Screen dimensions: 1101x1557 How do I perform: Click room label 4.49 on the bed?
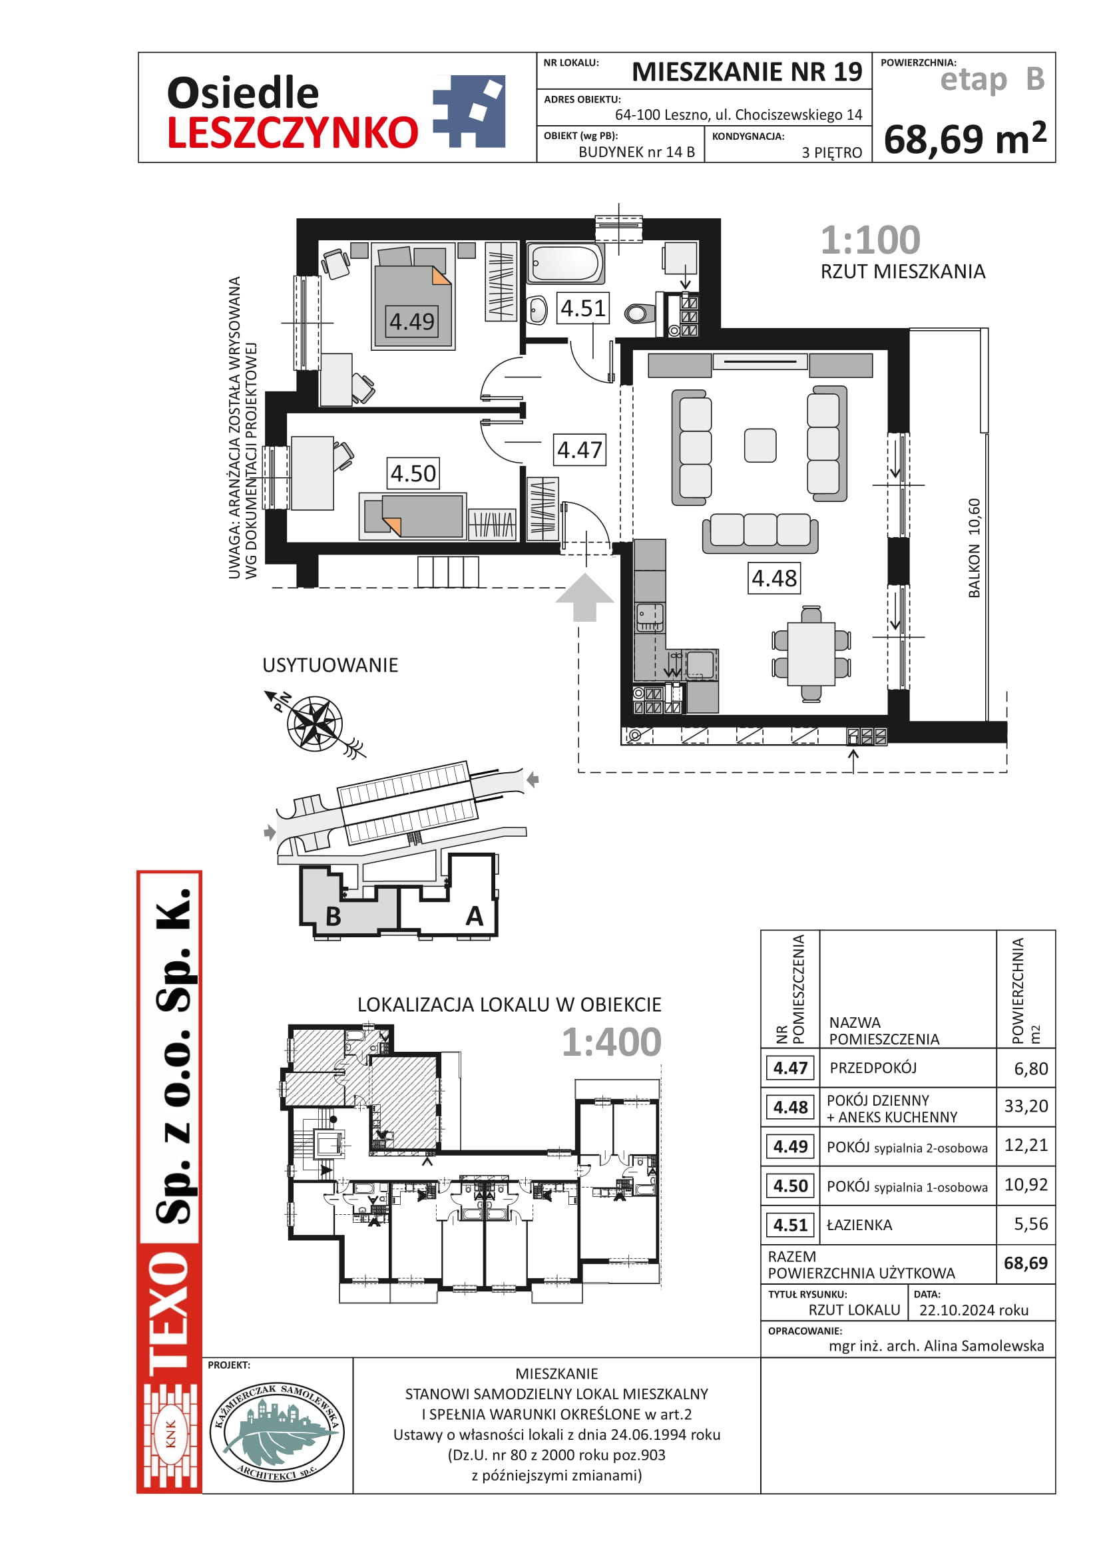tap(411, 322)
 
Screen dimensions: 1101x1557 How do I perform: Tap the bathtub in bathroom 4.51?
tap(564, 263)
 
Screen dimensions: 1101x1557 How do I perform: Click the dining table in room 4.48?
tap(811, 654)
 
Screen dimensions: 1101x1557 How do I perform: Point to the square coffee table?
tap(760, 445)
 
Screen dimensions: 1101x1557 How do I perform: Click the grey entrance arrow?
tap(584, 596)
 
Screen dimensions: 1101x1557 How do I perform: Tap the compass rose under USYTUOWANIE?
tap(314, 724)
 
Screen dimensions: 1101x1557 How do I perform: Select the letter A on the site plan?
tap(475, 916)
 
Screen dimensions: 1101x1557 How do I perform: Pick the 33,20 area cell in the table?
tap(1026, 1106)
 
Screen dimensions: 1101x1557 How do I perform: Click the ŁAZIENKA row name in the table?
tap(859, 1225)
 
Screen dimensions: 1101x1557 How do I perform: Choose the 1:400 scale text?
tap(611, 1042)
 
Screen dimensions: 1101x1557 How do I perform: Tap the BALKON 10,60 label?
tap(975, 548)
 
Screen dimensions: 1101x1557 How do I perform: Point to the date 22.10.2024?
tap(974, 1310)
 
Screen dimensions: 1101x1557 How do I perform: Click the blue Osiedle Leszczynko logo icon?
tap(469, 111)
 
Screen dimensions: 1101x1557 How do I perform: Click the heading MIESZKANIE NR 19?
tap(746, 72)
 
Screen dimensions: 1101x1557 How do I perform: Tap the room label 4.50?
tap(413, 473)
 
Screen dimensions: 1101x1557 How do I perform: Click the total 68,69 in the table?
tap(1026, 1263)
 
